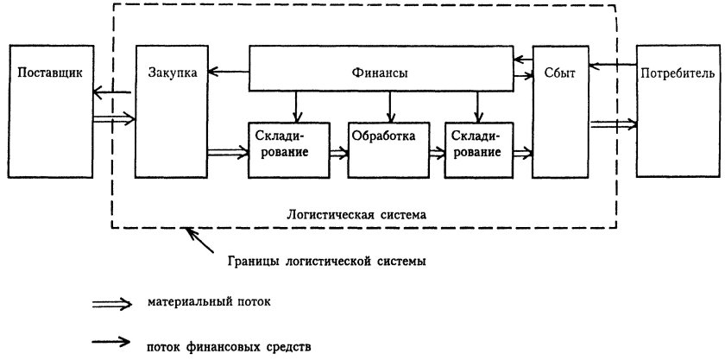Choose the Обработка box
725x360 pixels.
click(388, 149)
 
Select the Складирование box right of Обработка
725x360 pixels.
click(476, 149)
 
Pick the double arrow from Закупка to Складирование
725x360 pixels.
click(227, 154)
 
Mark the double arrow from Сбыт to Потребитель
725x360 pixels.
click(613, 124)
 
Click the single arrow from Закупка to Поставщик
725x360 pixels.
click(112, 92)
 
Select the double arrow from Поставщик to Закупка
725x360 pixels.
click(113, 117)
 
